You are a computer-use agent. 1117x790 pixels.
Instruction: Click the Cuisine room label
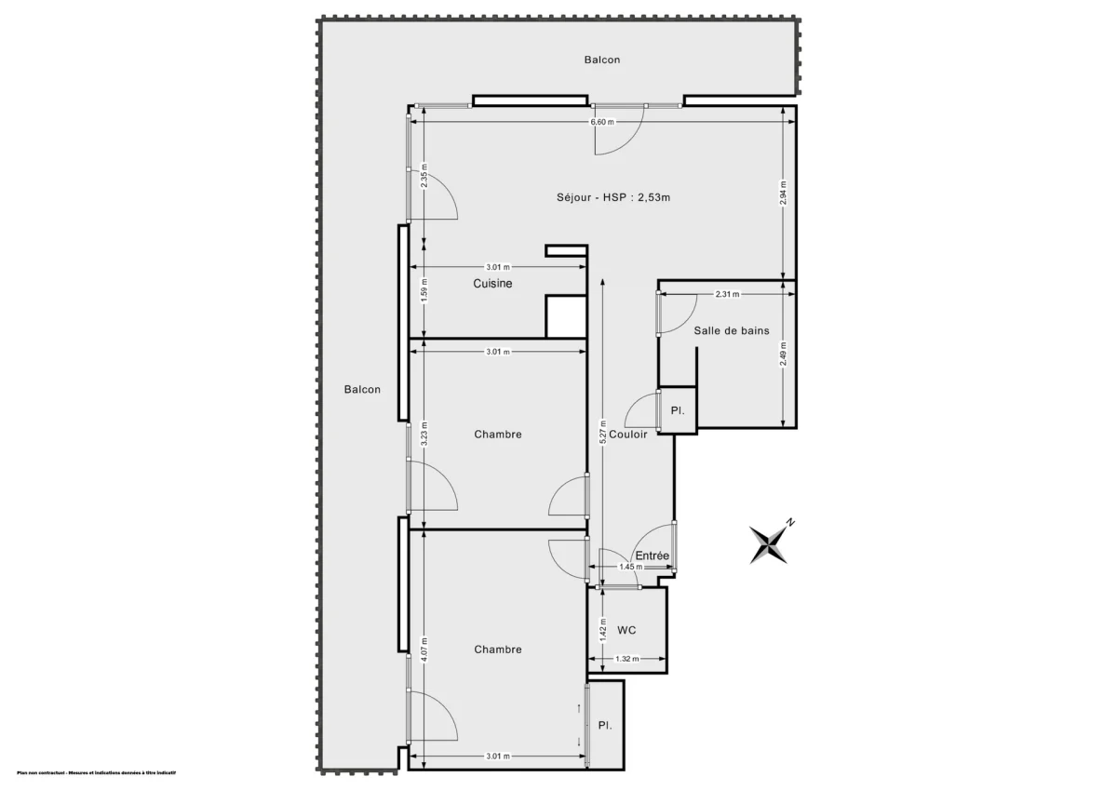(x=492, y=284)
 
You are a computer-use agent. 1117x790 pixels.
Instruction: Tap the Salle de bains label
(x=732, y=330)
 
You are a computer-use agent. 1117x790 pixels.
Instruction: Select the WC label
(x=626, y=630)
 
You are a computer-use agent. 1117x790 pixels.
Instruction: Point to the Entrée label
(x=653, y=556)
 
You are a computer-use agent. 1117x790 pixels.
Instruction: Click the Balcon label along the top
(x=602, y=60)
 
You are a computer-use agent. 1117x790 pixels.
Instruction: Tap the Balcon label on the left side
(x=362, y=390)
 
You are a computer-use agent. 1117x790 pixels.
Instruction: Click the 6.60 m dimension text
(x=602, y=123)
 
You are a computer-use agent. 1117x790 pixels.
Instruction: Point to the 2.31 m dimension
(x=728, y=295)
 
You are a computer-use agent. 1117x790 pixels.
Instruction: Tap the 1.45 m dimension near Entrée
(x=631, y=567)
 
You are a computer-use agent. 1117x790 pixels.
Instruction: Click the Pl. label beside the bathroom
(x=678, y=410)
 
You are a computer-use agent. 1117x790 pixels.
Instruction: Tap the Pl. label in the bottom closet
(x=605, y=726)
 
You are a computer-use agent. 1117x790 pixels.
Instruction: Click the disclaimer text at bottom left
(x=90, y=774)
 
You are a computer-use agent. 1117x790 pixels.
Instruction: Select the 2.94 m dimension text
(x=783, y=193)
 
